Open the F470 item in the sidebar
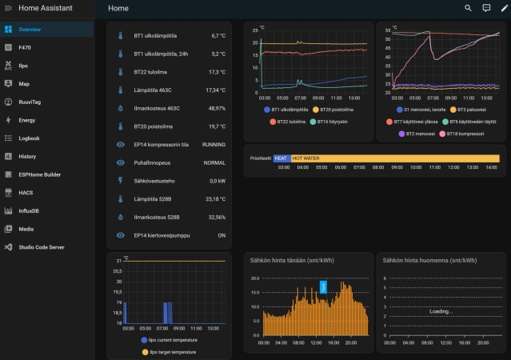(24, 47)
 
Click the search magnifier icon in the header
(469, 8)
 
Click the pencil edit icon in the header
(504, 8)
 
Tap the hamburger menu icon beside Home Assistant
(7, 8)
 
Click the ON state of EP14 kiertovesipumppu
(221, 235)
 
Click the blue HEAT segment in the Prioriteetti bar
(281, 158)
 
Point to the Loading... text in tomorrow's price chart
(441, 311)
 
